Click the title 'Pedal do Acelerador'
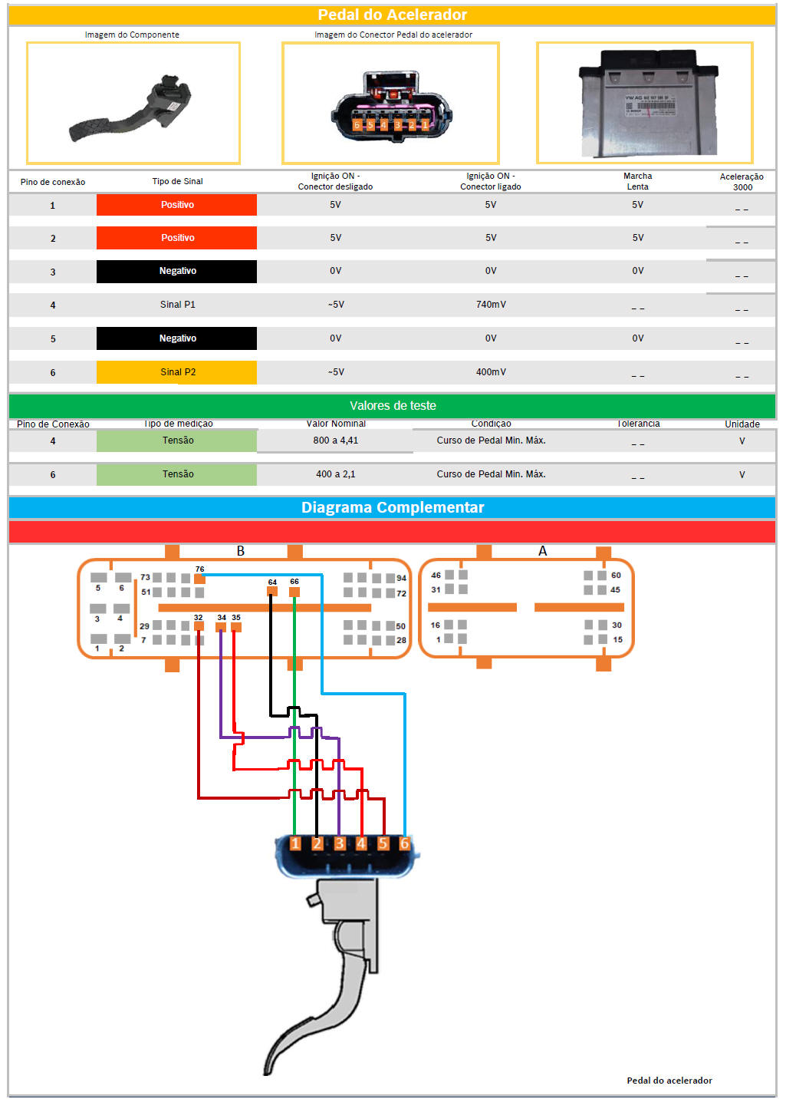392,15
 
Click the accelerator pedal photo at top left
133,104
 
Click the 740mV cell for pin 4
491,305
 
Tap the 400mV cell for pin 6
491,372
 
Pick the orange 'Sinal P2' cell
177,372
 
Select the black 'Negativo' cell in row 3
177,272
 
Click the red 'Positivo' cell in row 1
177,205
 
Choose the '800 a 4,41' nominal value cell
335,441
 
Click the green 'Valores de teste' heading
392,406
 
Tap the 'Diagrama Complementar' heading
392,507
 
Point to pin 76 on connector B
199,579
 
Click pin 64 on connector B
272,591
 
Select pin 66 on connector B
294,591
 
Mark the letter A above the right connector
543,551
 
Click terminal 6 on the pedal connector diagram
405,843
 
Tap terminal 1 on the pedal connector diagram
295,843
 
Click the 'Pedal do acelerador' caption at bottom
669,1081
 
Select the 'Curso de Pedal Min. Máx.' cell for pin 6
491,474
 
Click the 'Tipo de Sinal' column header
177,182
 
